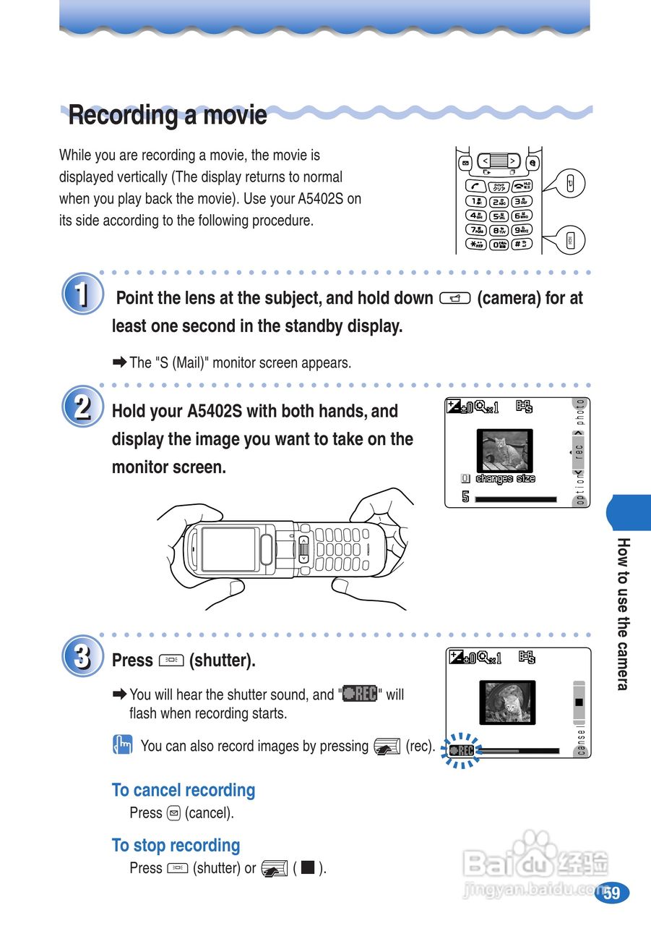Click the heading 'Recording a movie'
[x=168, y=115]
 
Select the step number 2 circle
[x=83, y=407]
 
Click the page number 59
[x=612, y=892]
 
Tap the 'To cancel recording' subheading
[x=184, y=790]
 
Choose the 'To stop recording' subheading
[x=176, y=845]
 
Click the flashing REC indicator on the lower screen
[x=461, y=751]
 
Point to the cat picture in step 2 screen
[x=504, y=451]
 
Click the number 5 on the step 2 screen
[x=466, y=498]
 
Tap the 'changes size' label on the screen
[x=505, y=478]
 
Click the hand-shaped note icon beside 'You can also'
[x=122, y=745]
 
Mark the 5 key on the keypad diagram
[x=499, y=216]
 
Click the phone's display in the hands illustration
[x=229, y=549]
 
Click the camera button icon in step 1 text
[x=455, y=298]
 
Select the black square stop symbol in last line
[x=307, y=867]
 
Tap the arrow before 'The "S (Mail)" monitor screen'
[x=119, y=362]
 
